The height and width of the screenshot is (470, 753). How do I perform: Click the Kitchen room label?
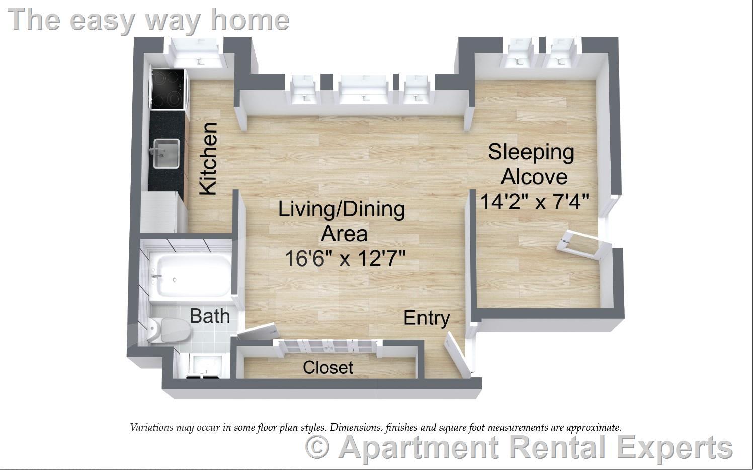(208, 158)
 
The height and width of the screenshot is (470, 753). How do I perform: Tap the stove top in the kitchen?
(168, 89)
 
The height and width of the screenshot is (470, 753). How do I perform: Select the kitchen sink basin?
(166, 153)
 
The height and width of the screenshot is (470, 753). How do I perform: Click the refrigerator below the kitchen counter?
(157, 212)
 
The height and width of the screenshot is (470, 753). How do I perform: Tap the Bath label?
(210, 316)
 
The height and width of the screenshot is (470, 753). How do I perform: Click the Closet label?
(328, 368)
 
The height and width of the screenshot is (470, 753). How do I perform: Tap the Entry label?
(427, 318)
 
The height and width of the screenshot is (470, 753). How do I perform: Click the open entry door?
(457, 354)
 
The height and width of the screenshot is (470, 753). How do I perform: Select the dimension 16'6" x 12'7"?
(345, 259)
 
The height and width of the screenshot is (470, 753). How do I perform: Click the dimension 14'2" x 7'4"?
(534, 202)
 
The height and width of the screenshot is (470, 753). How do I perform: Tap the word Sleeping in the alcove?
(531, 152)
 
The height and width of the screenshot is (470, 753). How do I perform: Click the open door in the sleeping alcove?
(583, 245)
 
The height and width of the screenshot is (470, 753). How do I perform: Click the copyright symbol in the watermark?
(318, 447)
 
